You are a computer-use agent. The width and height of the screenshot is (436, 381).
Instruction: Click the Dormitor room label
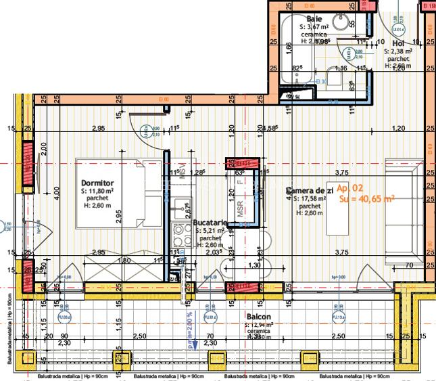pos(97,183)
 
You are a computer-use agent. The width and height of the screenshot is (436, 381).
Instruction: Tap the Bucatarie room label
pos(209,222)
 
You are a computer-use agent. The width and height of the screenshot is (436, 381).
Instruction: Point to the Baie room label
pos(314,18)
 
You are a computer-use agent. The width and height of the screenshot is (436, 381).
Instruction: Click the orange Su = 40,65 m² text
pos(366,199)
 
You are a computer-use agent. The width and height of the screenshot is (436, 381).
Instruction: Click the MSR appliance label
pos(239,209)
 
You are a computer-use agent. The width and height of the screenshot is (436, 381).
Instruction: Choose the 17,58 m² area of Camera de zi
pos(312,199)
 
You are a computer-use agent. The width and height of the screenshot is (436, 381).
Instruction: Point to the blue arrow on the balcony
pos(194,342)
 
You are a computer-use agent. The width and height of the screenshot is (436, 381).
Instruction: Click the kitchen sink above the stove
pos(181,206)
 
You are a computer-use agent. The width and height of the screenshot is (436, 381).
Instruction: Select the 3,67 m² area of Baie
pos(316,26)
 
